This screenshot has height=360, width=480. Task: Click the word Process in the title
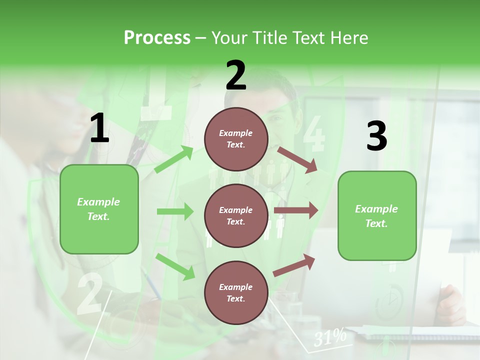157,38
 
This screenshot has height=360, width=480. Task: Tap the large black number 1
99,128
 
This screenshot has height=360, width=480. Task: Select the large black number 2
236,75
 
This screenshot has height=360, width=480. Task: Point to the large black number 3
376,136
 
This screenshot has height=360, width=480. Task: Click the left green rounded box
99,209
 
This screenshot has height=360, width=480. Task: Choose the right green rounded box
377,215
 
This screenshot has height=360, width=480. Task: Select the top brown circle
236,139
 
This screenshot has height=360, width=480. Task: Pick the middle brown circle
236,215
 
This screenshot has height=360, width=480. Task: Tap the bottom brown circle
236,292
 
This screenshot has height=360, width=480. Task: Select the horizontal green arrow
175,211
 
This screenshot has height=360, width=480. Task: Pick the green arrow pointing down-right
175,266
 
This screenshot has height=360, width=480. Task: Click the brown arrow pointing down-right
297,159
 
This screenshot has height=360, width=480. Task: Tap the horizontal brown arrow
296,210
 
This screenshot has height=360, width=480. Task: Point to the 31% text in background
330,337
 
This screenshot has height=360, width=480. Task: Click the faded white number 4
313,134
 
